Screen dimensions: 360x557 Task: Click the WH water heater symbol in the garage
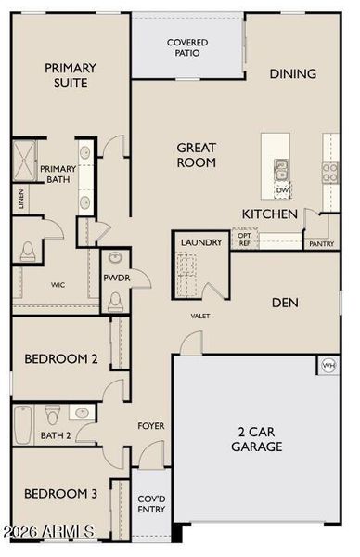pos(328,365)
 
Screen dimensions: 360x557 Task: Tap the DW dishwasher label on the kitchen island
pos(283,190)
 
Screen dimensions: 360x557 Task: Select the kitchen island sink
pos(281,170)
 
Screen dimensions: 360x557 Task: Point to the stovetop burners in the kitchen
pos(330,172)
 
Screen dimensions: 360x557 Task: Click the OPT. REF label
pos(244,240)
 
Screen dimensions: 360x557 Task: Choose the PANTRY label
pos(322,243)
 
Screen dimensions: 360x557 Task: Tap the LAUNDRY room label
pos(201,242)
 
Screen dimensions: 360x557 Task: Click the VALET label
pos(200,316)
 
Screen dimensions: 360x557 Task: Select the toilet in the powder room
pos(115,302)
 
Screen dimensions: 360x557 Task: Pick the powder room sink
pos(115,257)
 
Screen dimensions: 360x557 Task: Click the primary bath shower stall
pos(24,161)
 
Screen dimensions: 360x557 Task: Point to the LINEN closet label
pos(21,200)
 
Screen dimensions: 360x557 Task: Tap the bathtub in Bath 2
pos(23,424)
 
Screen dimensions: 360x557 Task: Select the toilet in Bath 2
pos(53,415)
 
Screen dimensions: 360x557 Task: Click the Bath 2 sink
pos(82,412)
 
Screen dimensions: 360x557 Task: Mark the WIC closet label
pos(58,285)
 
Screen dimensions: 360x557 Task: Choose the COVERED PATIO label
pos(187,47)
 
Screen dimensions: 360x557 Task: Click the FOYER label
pos(151,425)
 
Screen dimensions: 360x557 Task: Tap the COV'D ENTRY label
pos(151,504)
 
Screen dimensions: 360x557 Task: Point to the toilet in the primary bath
pos(27,252)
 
